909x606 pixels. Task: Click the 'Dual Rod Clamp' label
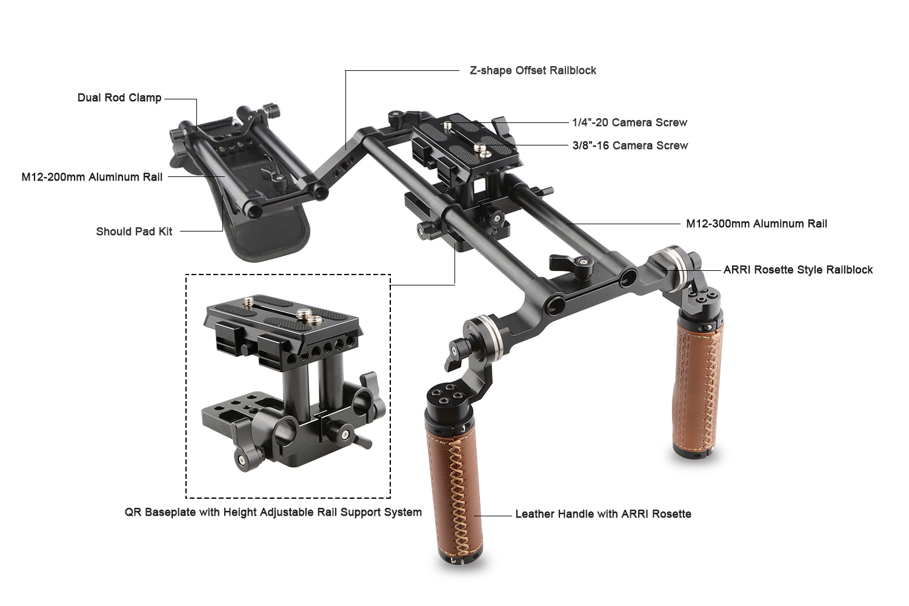tap(119, 98)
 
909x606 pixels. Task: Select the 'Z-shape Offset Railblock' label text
tap(533, 70)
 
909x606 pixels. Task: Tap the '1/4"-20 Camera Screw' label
tap(630, 122)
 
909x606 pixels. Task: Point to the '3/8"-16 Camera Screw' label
tap(630, 145)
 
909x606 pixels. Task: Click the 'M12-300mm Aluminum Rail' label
tap(756, 224)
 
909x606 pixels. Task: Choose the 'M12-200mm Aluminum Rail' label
tap(92, 177)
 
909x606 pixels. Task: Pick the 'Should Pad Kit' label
tap(134, 231)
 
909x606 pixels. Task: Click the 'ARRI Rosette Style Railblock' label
tap(798, 270)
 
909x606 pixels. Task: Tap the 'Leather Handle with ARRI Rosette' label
tap(603, 514)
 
